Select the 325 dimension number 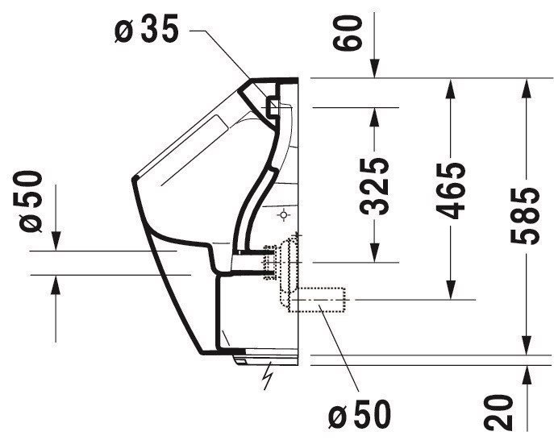(x=374, y=186)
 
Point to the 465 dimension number (x=450, y=191)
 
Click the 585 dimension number (x=526, y=216)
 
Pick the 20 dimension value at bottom (x=498, y=413)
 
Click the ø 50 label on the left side (x=31, y=201)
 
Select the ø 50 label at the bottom (x=360, y=413)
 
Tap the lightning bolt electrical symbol (x=269, y=375)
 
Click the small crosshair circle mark (x=284, y=214)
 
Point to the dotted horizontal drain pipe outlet (x=317, y=300)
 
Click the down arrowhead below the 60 (x=375, y=68)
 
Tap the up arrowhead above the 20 (x=527, y=375)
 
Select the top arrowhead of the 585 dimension (x=527, y=87)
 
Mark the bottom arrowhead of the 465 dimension (x=450, y=290)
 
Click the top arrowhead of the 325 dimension (x=374, y=117)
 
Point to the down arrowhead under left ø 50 (x=56, y=242)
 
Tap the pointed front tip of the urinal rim (x=134, y=180)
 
